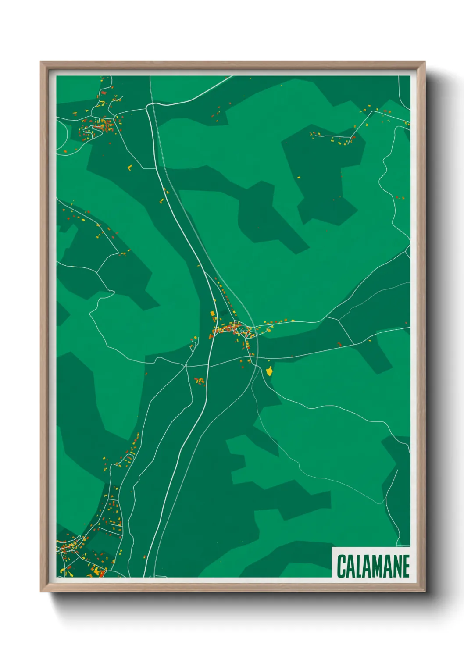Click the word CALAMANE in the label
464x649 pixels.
(x=373, y=566)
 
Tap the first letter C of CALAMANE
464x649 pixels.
(x=341, y=566)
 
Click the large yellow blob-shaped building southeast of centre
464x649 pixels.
(x=269, y=371)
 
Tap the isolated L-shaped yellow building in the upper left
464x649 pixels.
(x=129, y=167)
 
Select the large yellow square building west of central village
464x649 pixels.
(x=213, y=313)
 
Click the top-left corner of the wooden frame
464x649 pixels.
(x=41, y=62)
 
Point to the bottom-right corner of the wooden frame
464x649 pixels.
(x=425, y=591)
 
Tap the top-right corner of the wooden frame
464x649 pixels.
(x=425, y=62)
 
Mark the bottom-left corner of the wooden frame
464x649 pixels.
(x=41, y=591)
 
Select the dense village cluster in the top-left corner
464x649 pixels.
(x=100, y=125)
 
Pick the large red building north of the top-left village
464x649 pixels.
(x=103, y=93)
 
